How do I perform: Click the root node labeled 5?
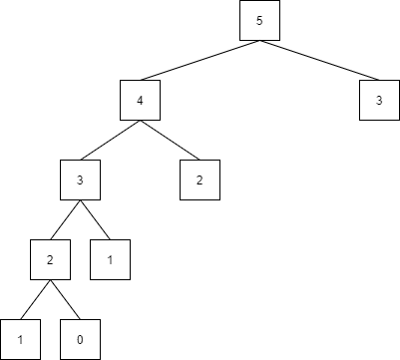(259, 20)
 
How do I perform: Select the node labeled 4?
(140, 100)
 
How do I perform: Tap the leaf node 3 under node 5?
(379, 100)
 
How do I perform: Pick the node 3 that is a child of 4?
(80, 180)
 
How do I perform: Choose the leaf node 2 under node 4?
(200, 180)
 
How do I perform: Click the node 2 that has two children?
(50, 259)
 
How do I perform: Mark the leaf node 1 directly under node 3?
(110, 259)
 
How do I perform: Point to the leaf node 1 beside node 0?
(20, 339)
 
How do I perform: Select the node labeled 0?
(80, 339)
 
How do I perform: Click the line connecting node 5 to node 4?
(200, 60)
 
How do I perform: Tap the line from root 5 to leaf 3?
(319, 60)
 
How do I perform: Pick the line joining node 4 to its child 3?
(110, 140)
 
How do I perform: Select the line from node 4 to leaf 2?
(170, 140)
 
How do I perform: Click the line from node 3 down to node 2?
(65, 219)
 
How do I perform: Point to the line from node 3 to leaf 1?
(95, 219)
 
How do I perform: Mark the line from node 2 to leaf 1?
(35, 299)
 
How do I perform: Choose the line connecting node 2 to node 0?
(65, 299)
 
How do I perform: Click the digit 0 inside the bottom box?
(80, 340)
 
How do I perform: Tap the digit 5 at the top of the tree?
(259, 21)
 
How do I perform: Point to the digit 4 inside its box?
(140, 101)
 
